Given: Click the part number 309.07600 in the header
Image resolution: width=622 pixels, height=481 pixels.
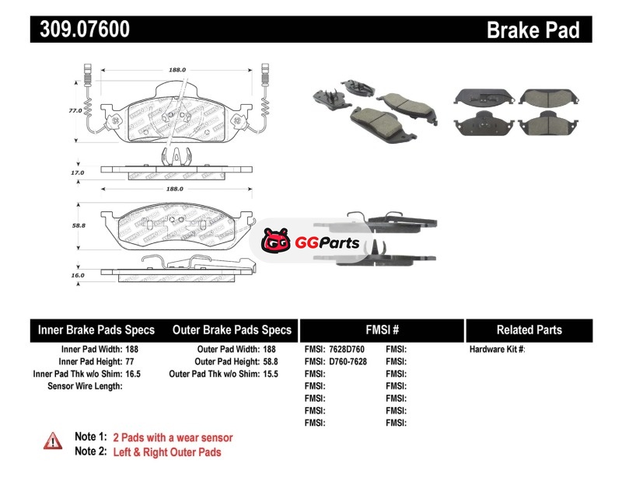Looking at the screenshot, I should tap(80, 30).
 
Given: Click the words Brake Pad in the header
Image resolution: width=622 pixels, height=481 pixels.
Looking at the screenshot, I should tap(533, 30).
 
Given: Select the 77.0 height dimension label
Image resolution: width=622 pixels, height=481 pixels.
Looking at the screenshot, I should tap(75, 111).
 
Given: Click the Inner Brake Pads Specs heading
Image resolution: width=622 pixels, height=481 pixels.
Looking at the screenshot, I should tap(96, 330).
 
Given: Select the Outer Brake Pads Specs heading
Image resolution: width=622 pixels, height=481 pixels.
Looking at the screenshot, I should tap(232, 330).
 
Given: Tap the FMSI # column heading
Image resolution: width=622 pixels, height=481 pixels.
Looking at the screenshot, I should tap(382, 330).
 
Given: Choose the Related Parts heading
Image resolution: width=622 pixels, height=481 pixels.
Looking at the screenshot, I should tap(529, 330).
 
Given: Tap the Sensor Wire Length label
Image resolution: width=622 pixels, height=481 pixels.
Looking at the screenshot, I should tap(85, 385).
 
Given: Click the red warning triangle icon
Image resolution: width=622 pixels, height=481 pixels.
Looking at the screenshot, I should tap(52, 441).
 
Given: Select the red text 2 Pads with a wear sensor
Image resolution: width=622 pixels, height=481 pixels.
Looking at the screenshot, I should tap(173, 437).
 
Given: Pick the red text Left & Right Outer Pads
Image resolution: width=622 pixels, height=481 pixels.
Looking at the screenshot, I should tap(167, 452).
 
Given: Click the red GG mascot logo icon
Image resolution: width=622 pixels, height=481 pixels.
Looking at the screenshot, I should tap(274, 242).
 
